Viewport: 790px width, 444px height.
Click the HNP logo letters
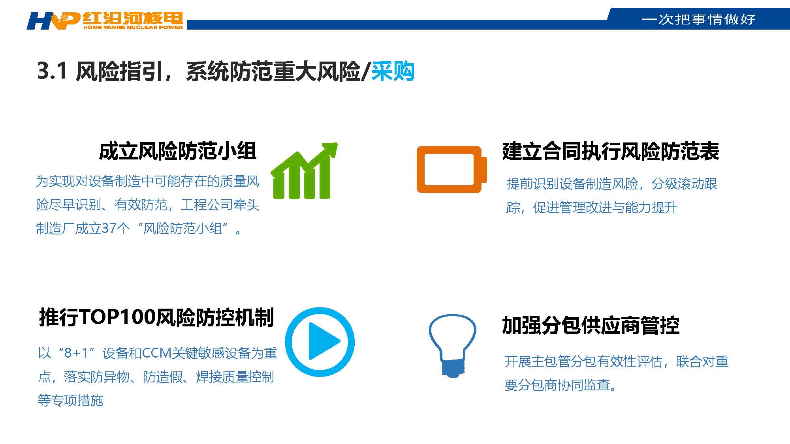(x=53, y=21)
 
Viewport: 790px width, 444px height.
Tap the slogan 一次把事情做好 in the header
(x=698, y=19)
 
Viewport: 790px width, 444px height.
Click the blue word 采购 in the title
(x=393, y=71)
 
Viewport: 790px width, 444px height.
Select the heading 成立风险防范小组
(x=178, y=152)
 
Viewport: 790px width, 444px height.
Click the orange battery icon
(x=451, y=169)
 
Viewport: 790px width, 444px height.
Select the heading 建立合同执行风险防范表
(x=611, y=152)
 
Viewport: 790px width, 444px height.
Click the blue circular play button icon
(x=320, y=342)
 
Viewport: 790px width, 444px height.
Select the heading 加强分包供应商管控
(x=591, y=326)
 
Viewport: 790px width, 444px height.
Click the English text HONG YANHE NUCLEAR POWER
(x=133, y=27)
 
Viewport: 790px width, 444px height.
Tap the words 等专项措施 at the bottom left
(x=70, y=400)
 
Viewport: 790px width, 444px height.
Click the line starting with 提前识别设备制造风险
(x=611, y=184)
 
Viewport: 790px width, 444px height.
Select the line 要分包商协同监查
(x=561, y=385)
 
